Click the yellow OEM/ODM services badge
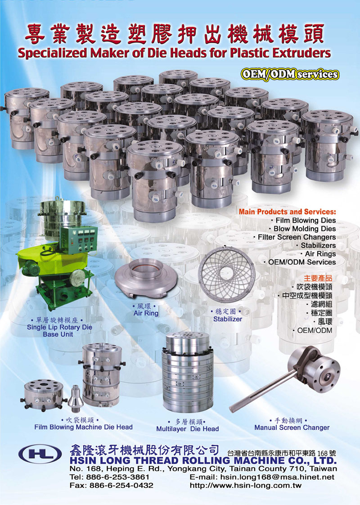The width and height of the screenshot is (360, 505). (289, 74)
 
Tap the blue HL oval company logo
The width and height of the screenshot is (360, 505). (40, 454)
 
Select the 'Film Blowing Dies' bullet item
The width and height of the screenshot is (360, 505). (305, 220)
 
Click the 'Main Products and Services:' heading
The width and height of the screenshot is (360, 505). (287, 212)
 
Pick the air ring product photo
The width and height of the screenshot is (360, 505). (145, 279)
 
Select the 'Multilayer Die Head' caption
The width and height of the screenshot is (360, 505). (187, 429)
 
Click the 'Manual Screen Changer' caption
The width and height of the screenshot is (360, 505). (292, 428)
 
